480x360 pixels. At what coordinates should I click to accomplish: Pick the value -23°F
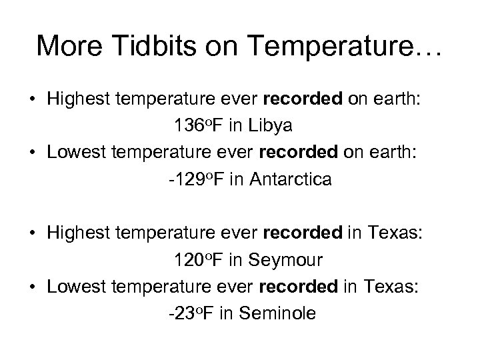pyautogui.click(x=191, y=313)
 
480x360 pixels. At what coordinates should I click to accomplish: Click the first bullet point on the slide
pyautogui.click(x=32, y=99)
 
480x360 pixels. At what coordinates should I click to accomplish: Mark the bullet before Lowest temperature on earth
pyautogui.click(x=32, y=153)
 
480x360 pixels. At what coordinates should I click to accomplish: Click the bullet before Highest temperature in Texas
pyautogui.click(x=32, y=233)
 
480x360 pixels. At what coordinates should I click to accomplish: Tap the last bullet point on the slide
pyautogui.click(x=32, y=287)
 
